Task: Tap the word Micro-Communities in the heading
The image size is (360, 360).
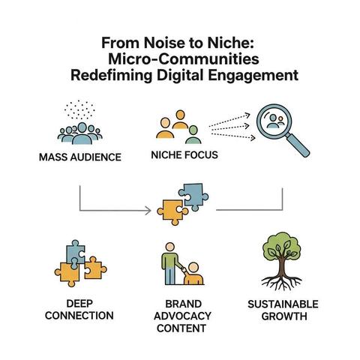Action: pos(184,59)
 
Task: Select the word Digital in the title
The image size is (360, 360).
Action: pos(180,75)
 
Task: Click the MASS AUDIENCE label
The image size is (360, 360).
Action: pos(80,157)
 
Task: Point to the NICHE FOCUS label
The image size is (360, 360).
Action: pos(184,155)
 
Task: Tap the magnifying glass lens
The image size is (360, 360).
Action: pos(274,121)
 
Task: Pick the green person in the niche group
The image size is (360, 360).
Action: pos(193,135)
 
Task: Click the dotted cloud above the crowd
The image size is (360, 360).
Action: pos(79,110)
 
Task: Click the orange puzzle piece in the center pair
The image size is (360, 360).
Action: pos(172,212)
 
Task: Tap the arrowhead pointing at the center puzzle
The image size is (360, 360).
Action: pos(148,211)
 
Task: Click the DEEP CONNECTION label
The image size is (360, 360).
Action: pos(79,310)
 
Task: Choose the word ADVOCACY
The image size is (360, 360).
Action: pos(182,316)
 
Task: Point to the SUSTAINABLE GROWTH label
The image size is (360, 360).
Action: pos(283,310)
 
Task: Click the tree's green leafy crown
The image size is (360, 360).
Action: pos(281,247)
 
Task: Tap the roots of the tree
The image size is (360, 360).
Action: pos(282,283)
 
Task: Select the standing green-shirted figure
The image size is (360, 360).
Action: pos(170,264)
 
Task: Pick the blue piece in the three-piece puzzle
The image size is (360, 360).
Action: pos(75,253)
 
